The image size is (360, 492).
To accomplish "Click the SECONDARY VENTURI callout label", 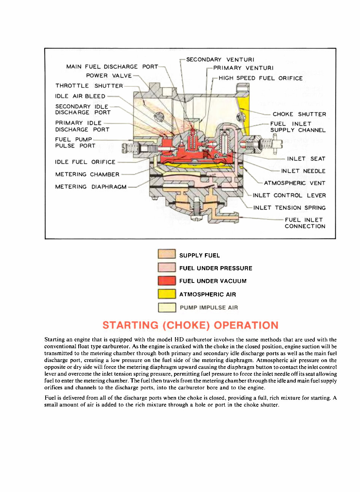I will (x=220, y=60).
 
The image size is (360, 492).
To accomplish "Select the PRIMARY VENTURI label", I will (x=243, y=68).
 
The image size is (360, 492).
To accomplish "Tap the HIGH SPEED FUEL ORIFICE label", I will (x=261, y=78).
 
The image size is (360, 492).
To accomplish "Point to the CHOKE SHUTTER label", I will (x=299, y=114).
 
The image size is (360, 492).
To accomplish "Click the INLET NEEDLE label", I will (x=303, y=171).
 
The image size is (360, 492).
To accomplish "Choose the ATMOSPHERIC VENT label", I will (x=294, y=183).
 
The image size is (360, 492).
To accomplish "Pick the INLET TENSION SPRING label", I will (x=289, y=208).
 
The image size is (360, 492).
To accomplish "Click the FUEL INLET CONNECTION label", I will (x=304, y=223).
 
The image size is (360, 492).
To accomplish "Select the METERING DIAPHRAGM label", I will (x=91, y=187).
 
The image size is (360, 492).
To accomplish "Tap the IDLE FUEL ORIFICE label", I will (x=85, y=162).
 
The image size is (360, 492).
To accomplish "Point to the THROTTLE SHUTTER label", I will (x=89, y=86).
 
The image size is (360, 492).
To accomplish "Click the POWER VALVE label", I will (x=109, y=76).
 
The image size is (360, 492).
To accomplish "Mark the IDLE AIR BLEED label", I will (x=80, y=96).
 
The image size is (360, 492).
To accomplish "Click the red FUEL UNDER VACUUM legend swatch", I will (x=167, y=281).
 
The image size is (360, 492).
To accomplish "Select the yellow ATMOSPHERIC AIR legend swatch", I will (x=167, y=294).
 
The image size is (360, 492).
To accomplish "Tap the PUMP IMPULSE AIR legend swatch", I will (x=167, y=307).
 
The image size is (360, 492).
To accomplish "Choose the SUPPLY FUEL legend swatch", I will (x=167, y=254).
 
